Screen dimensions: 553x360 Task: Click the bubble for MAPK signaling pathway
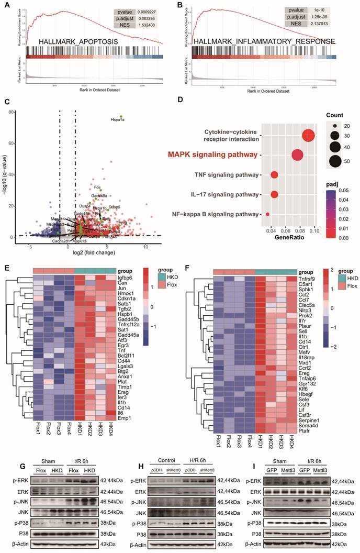click(297, 154)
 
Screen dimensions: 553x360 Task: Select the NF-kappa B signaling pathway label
click(216, 214)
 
